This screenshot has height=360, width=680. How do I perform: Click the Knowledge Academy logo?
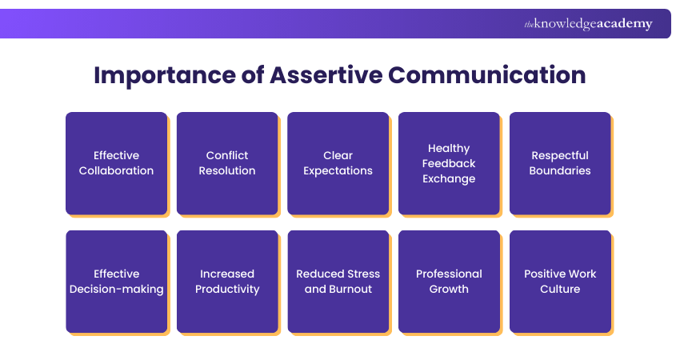click(x=588, y=24)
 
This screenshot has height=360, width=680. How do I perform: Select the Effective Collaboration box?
click(x=116, y=163)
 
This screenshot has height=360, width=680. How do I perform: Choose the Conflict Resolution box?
click(x=227, y=163)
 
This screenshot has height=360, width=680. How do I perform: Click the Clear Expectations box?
click(x=338, y=163)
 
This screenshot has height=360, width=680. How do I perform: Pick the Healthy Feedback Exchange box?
click(x=449, y=163)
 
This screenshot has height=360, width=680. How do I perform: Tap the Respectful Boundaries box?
click(x=560, y=163)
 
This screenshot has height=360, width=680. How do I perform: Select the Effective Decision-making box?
click(x=116, y=282)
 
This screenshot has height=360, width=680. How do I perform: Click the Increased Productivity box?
click(x=227, y=282)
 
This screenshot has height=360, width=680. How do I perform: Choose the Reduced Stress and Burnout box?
click(x=338, y=282)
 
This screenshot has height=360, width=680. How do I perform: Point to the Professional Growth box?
click(x=449, y=282)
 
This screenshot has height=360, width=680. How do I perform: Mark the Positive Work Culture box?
click(x=560, y=282)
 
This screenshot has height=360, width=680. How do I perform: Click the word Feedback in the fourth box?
click(x=449, y=163)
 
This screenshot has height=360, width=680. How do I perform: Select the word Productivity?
click(x=227, y=289)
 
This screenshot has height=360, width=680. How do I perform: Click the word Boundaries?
click(x=560, y=170)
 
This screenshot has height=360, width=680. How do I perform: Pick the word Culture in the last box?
click(x=560, y=289)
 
